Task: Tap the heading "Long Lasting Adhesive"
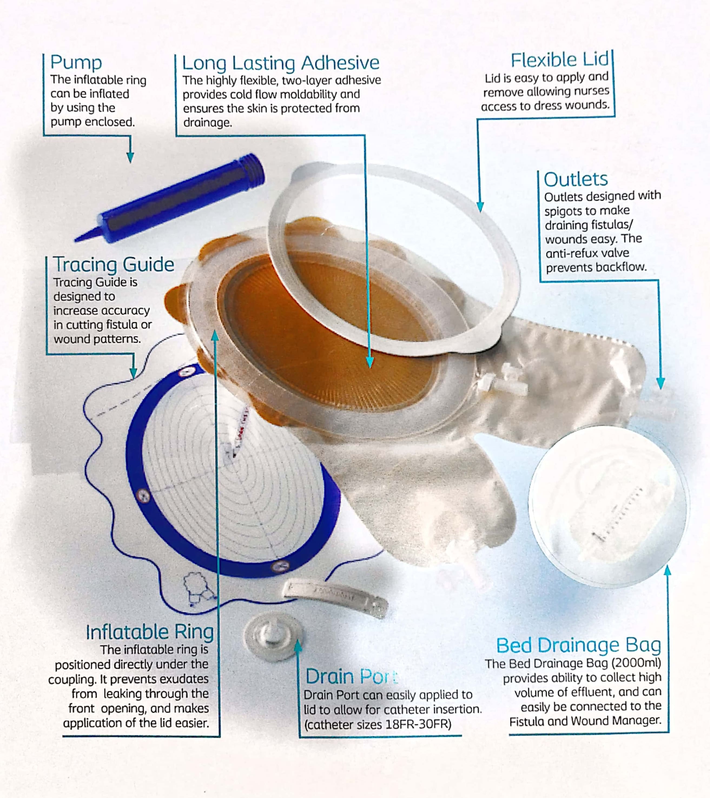coord(281,63)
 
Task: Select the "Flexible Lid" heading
coord(560,60)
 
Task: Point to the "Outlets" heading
coord(576,179)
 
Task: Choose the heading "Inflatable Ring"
coord(150,632)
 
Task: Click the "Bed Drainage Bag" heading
coord(578,646)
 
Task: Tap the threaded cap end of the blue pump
coord(253,170)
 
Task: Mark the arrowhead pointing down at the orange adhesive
coord(369,363)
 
